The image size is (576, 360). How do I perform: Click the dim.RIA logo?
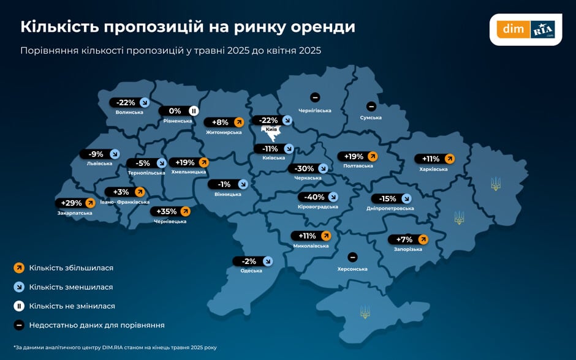(x=526, y=29)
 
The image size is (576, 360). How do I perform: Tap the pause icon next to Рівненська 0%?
(x=193, y=111)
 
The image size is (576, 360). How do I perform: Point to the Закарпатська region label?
(x=75, y=213)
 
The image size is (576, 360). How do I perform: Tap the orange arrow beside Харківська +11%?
(x=449, y=159)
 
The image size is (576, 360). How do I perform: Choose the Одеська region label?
(x=251, y=271)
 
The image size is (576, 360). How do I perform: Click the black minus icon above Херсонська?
(x=352, y=258)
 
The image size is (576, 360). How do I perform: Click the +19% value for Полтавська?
(x=354, y=156)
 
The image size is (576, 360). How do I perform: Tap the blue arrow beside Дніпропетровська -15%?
(x=406, y=198)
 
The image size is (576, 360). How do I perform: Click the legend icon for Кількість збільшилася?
(x=19, y=268)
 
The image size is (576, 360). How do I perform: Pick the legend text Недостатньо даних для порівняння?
(x=97, y=325)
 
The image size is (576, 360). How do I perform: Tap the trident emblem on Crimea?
(x=365, y=312)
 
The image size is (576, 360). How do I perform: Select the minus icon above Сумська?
(x=371, y=107)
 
